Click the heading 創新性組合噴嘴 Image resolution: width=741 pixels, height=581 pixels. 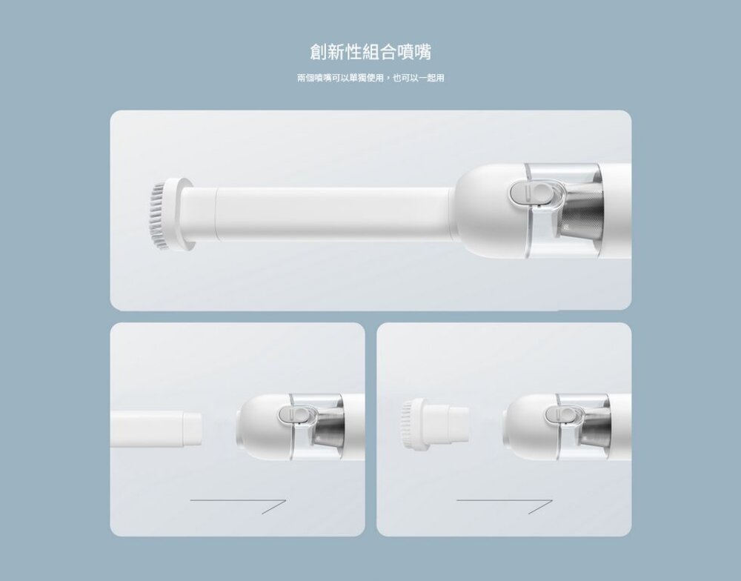coord(370,53)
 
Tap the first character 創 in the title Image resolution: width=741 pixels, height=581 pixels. coord(319,53)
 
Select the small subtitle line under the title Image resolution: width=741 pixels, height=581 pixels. coord(370,78)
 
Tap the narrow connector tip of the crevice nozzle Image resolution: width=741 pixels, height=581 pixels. coord(190,428)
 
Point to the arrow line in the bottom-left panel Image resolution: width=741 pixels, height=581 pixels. coord(237,505)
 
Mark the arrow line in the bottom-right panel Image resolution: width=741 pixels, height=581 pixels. coord(504,505)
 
